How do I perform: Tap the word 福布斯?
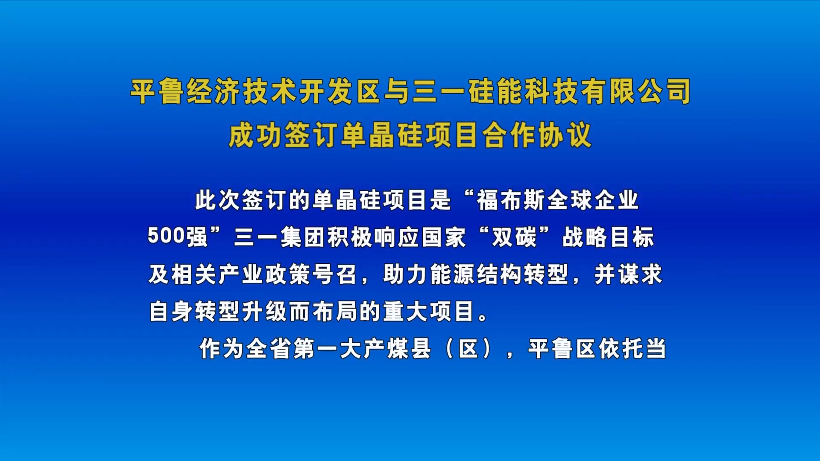click(x=512, y=200)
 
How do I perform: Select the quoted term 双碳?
click(x=514, y=237)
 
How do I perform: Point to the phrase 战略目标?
click(x=608, y=237)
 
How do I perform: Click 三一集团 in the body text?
click(x=280, y=237)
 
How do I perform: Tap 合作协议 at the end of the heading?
click(x=537, y=135)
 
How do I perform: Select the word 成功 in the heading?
click(x=255, y=135)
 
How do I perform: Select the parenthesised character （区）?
click(x=468, y=348)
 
